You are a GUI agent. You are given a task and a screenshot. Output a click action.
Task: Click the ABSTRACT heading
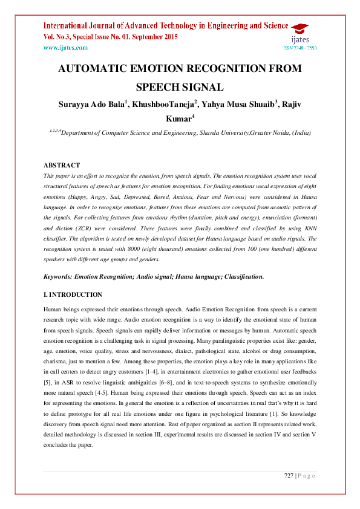[x=62, y=165]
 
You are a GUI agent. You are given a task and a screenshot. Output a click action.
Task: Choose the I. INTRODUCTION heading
[x=73, y=294]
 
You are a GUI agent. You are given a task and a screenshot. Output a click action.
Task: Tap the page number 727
[x=289, y=476]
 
